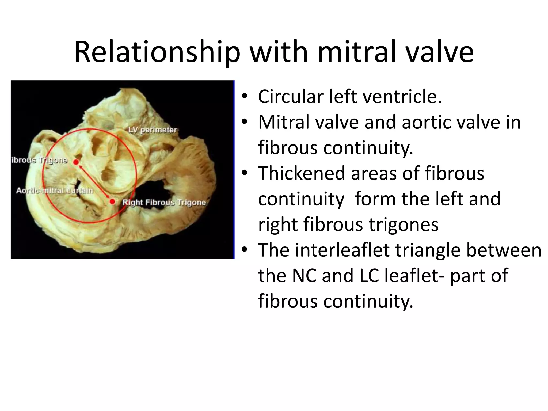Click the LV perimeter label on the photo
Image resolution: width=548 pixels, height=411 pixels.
(x=153, y=130)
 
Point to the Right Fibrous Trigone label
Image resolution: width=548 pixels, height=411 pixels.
(x=164, y=203)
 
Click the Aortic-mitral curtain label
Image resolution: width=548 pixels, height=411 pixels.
(x=55, y=191)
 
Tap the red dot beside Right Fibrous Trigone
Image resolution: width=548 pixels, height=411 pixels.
(x=112, y=201)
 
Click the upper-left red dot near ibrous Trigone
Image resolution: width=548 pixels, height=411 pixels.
(x=76, y=162)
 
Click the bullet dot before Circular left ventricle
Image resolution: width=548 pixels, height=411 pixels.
(x=244, y=97)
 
